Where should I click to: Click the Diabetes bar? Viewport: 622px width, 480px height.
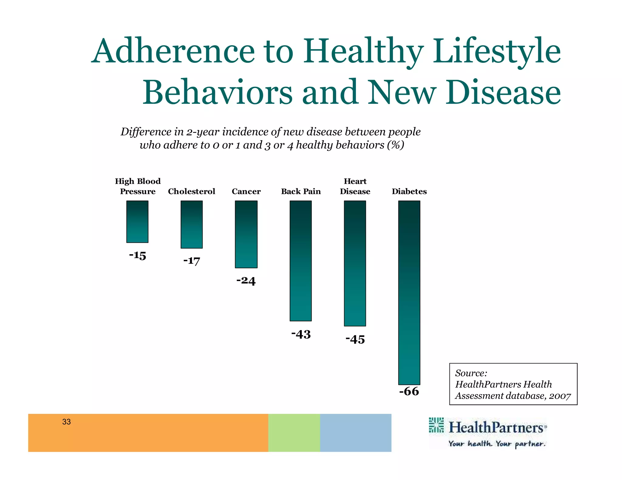[x=409, y=292]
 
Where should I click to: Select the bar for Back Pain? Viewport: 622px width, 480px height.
[x=301, y=261]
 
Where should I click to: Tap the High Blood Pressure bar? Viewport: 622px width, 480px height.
[x=137, y=221]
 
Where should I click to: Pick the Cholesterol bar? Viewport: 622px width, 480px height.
[x=192, y=224]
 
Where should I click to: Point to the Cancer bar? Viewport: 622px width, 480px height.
[x=246, y=234]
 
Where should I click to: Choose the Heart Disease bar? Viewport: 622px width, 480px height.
[x=355, y=263]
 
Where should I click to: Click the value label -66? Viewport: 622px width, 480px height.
[x=409, y=391]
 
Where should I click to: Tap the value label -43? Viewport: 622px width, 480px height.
[x=301, y=334]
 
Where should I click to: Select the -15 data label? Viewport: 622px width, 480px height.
[x=137, y=255]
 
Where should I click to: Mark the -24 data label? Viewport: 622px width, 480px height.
[x=246, y=280]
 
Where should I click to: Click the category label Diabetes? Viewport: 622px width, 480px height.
[x=409, y=191]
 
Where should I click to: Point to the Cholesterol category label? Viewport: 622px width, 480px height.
[x=192, y=191]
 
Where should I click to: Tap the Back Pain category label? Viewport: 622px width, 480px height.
[x=301, y=191]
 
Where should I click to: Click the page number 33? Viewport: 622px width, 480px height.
[x=66, y=422]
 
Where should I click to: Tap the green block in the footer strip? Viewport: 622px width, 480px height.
[x=294, y=433]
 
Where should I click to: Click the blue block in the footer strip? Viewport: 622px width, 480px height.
[x=355, y=433]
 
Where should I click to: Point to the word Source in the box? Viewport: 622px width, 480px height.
[x=470, y=373]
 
